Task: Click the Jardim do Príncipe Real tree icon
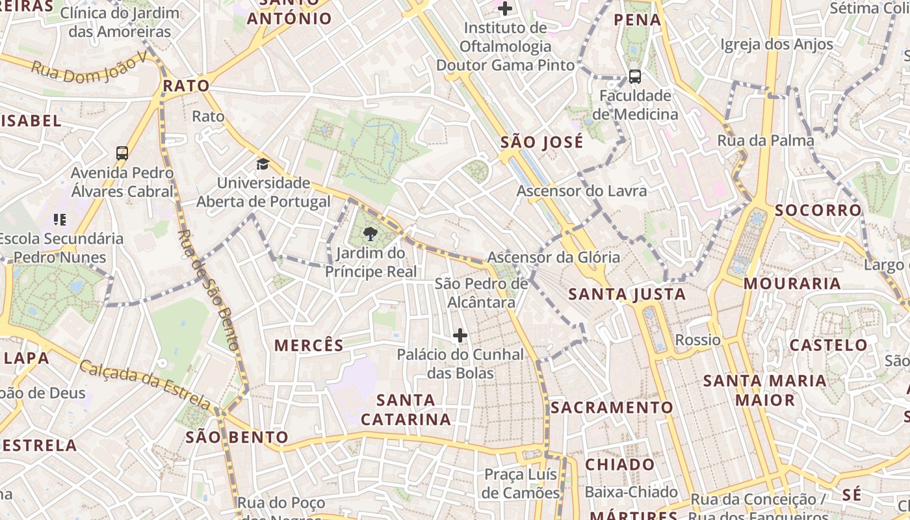pyautogui.click(x=370, y=233)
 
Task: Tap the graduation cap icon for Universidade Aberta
pyautogui.click(x=263, y=164)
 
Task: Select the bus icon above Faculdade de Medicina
pyautogui.click(x=635, y=77)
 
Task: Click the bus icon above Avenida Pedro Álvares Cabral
pyautogui.click(x=122, y=153)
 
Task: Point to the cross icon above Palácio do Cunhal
pyautogui.click(x=460, y=335)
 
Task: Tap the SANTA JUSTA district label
pyautogui.click(x=627, y=294)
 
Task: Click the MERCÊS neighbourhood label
pyautogui.click(x=309, y=345)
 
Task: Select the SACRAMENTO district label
pyautogui.click(x=612, y=408)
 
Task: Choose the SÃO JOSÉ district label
pyautogui.click(x=542, y=142)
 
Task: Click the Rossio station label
pyautogui.click(x=697, y=340)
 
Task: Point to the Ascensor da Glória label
pyautogui.click(x=554, y=257)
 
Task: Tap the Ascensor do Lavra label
pyautogui.click(x=582, y=190)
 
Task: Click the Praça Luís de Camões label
pyautogui.click(x=521, y=483)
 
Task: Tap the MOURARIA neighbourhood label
pyautogui.click(x=792, y=283)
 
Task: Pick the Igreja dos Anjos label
pyautogui.click(x=777, y=44)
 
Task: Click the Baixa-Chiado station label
pyautogui.click(x=630, y=492)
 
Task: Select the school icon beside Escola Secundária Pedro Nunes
pyautogui.click(x=60, y=220)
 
